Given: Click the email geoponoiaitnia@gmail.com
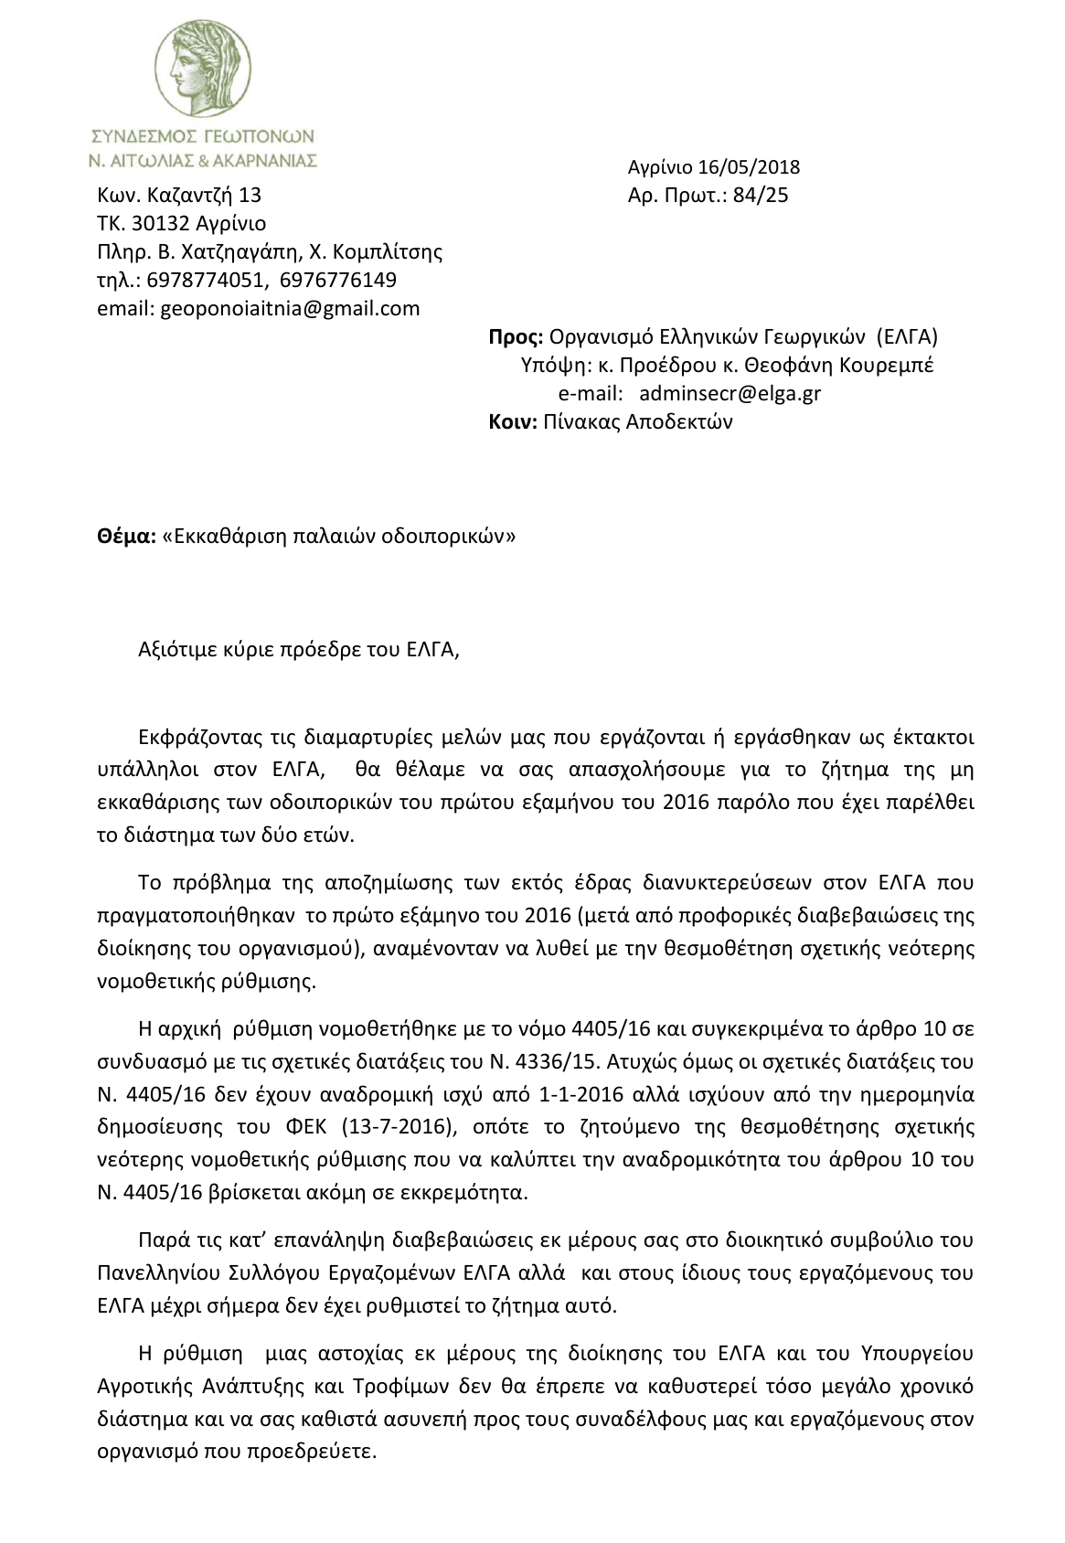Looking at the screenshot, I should pos(290,308).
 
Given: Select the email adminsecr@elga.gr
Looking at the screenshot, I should pos(730,393).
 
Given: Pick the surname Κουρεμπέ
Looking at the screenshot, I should pos(890,365).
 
